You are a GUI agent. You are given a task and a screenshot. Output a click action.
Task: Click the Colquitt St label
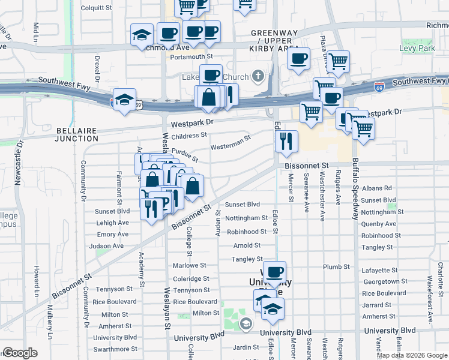[x=97, y=8]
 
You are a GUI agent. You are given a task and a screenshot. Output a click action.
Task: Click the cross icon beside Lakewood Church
[x=258, y=77]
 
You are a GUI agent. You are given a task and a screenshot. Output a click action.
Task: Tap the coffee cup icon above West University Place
[x=274, y=272]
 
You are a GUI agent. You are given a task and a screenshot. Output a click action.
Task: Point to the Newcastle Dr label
[x=18, y=163]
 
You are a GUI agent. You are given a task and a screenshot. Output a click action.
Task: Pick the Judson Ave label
[x=106, y=246]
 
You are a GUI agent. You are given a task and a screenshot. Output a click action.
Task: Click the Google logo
[x=20, y=353]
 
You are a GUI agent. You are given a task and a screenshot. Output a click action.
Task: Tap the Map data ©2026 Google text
[x=412, y=355]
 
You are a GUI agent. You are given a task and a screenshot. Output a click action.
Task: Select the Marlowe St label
[x=189, y=265]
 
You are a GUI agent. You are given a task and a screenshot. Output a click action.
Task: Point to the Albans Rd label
[x=376, y=188]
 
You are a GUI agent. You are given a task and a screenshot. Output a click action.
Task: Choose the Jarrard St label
[x=376, y=305]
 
